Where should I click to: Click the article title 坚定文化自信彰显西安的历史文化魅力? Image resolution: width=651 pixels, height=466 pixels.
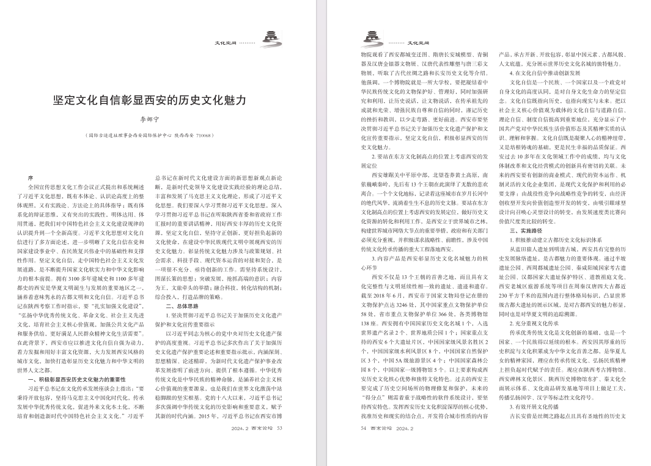150,100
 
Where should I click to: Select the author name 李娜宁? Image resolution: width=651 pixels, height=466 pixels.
150,120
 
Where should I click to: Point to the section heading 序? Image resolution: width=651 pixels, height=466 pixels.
31,177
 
